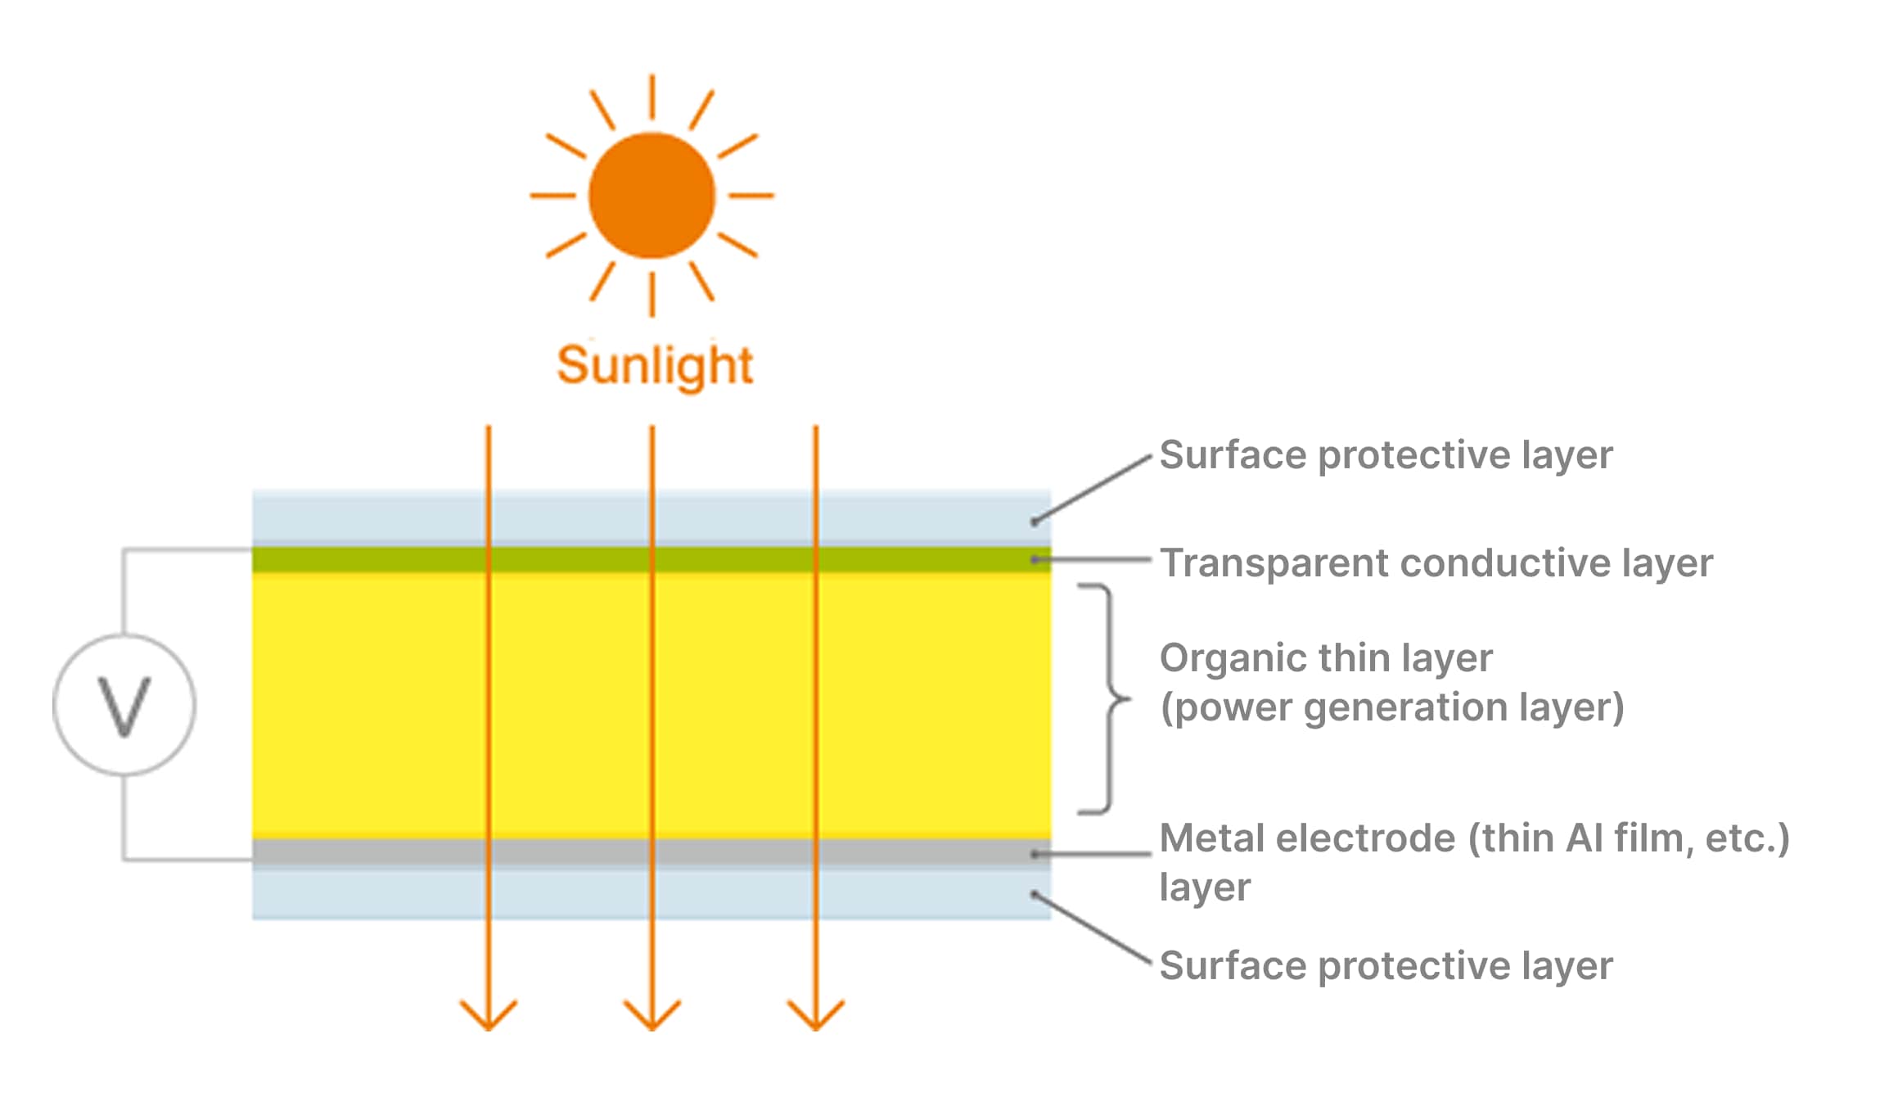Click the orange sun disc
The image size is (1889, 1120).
[651, 196]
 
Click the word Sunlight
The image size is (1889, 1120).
[654, 365]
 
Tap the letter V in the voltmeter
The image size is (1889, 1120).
[124, 705]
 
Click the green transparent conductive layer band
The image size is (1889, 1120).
[573, 559]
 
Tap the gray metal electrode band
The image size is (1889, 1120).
[573, 852]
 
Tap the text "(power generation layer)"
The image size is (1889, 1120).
[1391, 707]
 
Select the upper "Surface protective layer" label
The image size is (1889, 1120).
[1386, 455]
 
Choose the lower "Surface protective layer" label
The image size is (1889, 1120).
[1386, 966]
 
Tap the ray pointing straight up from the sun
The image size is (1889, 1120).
[651, 97]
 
